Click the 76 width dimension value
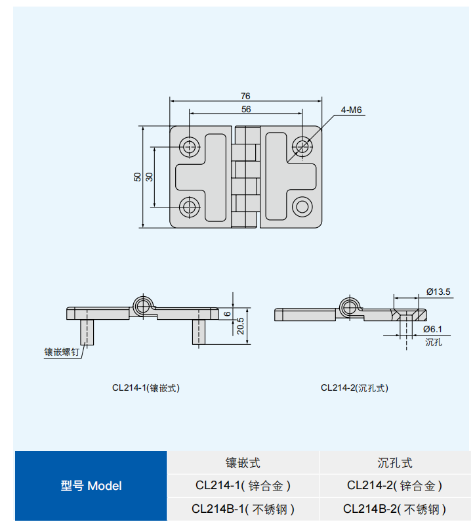246,96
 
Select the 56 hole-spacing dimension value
246,109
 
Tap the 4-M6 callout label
352,110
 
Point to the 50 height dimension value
137,177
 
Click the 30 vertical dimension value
149,177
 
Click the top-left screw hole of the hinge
190,146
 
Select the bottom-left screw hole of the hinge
190,207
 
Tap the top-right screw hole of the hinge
302,146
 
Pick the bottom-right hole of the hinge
302,207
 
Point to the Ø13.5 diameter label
438,292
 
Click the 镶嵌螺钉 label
62,353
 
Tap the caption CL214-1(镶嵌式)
146,388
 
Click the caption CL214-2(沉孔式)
354,388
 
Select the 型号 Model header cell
91,486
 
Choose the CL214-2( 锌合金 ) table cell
394,486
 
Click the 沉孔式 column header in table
394,463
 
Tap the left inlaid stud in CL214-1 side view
87,332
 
